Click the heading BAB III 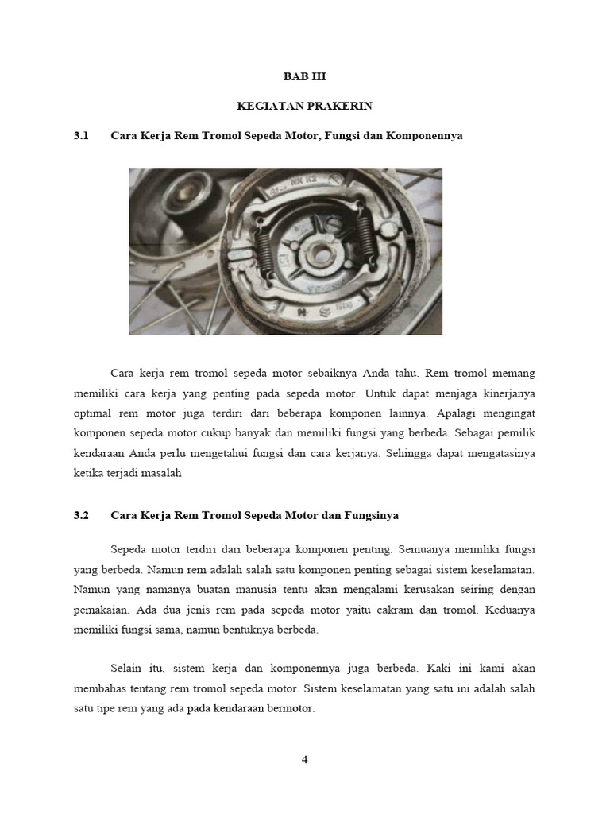tap(305, 77)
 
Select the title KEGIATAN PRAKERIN tap(305, 106)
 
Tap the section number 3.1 tap(80, 136)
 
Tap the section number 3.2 tap(80, 515)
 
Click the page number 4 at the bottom tap(304, 759)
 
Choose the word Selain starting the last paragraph tap(127, 669)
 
